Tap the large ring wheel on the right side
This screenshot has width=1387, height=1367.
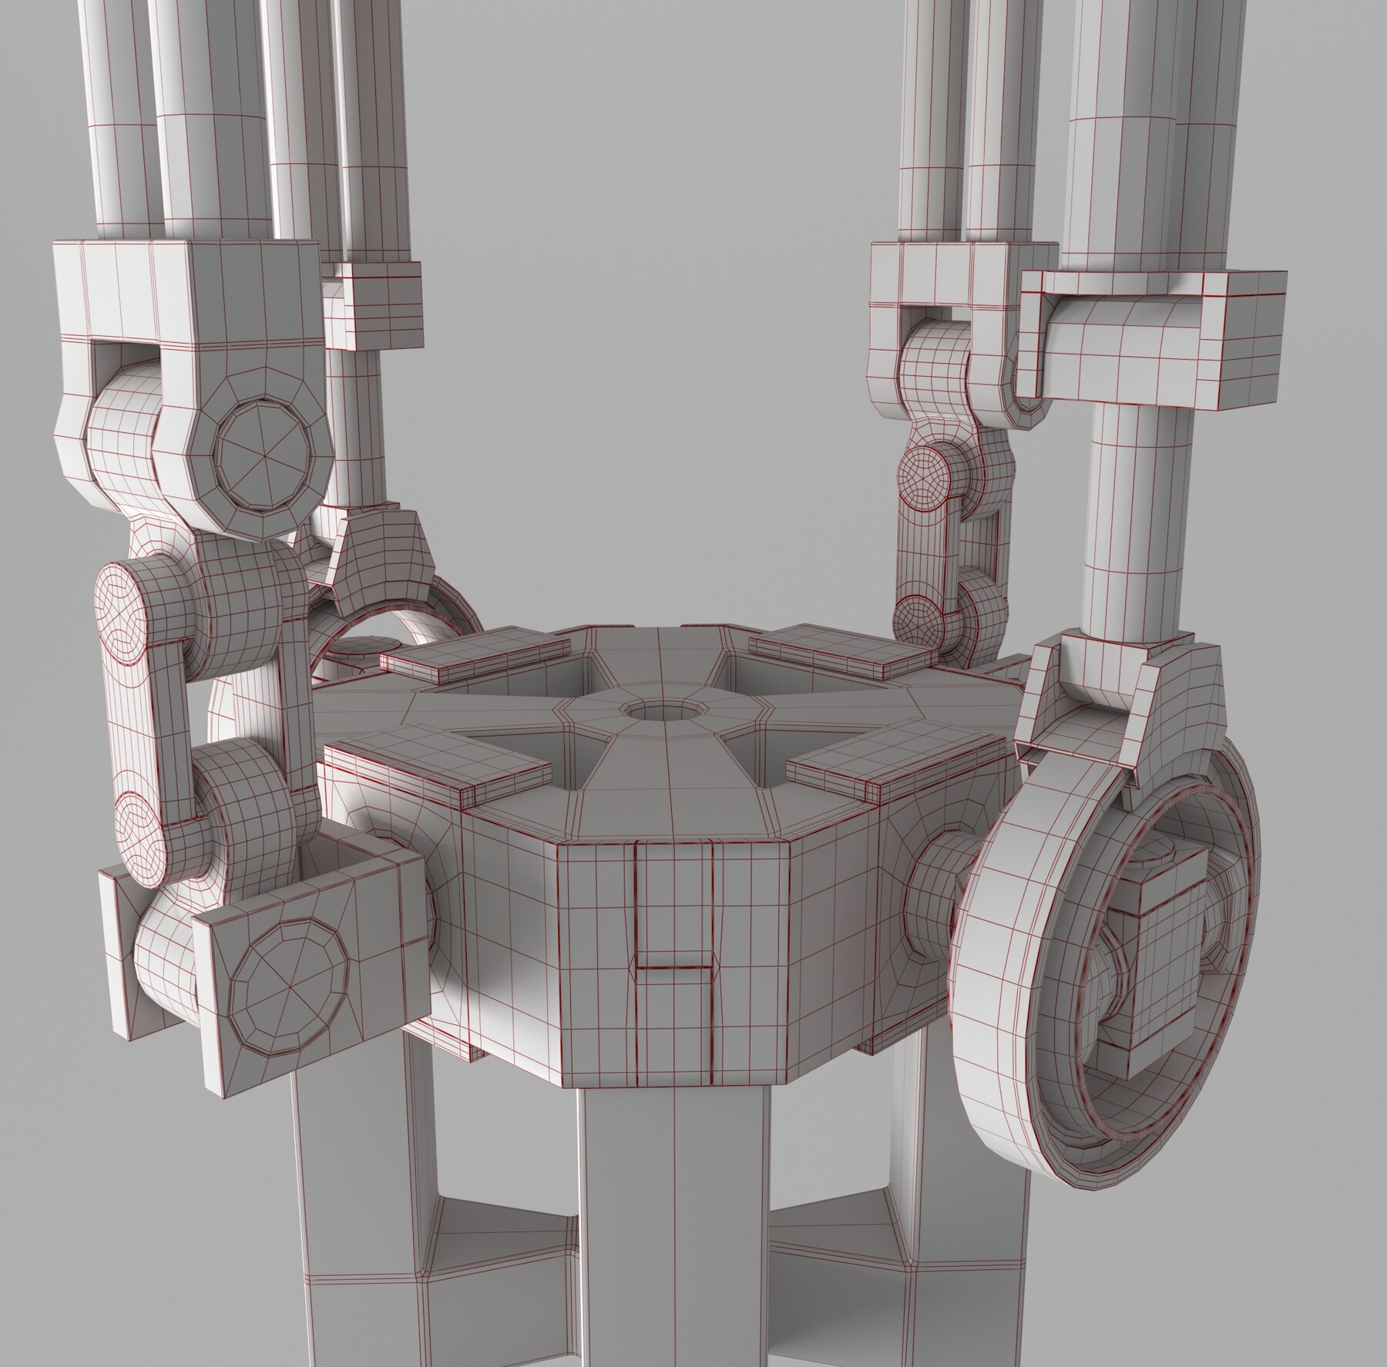(1002, 1002)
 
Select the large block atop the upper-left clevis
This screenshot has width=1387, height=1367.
(185, 293)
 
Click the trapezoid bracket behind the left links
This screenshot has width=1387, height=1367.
(378, 555)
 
